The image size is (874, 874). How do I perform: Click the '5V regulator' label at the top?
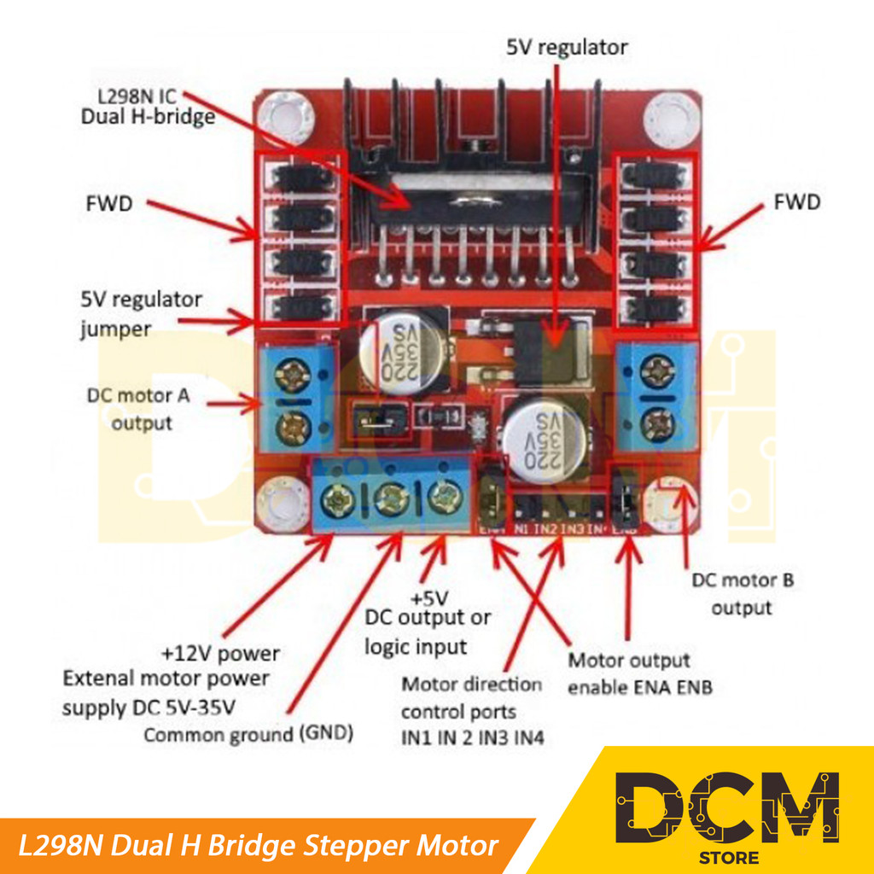567,47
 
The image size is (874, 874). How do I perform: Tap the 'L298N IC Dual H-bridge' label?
148,107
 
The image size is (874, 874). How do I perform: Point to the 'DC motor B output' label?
742,594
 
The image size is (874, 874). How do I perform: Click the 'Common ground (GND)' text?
248,734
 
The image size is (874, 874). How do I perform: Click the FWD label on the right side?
796,202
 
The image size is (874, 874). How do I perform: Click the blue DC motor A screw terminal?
295,397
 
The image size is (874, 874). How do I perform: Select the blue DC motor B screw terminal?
657,395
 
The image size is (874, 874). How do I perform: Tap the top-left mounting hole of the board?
283,114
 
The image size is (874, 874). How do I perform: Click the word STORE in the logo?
726,856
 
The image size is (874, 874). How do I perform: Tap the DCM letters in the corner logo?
727,807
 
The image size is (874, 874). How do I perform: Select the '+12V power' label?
220,654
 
